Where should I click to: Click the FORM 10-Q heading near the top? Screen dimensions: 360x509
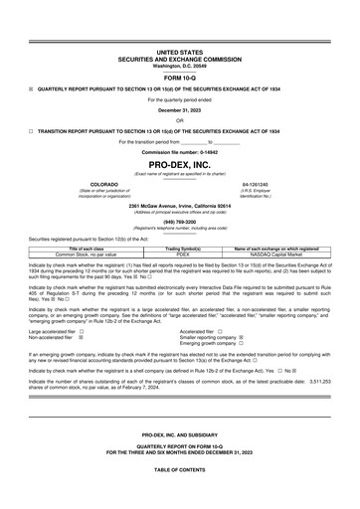point(179,78)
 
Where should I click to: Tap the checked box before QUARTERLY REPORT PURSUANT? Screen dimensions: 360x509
point(31,87)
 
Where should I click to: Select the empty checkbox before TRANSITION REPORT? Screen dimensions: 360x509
point(31,130)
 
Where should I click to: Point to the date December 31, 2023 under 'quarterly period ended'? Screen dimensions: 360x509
point(179,109)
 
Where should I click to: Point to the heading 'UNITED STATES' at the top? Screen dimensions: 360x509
point(179,50)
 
